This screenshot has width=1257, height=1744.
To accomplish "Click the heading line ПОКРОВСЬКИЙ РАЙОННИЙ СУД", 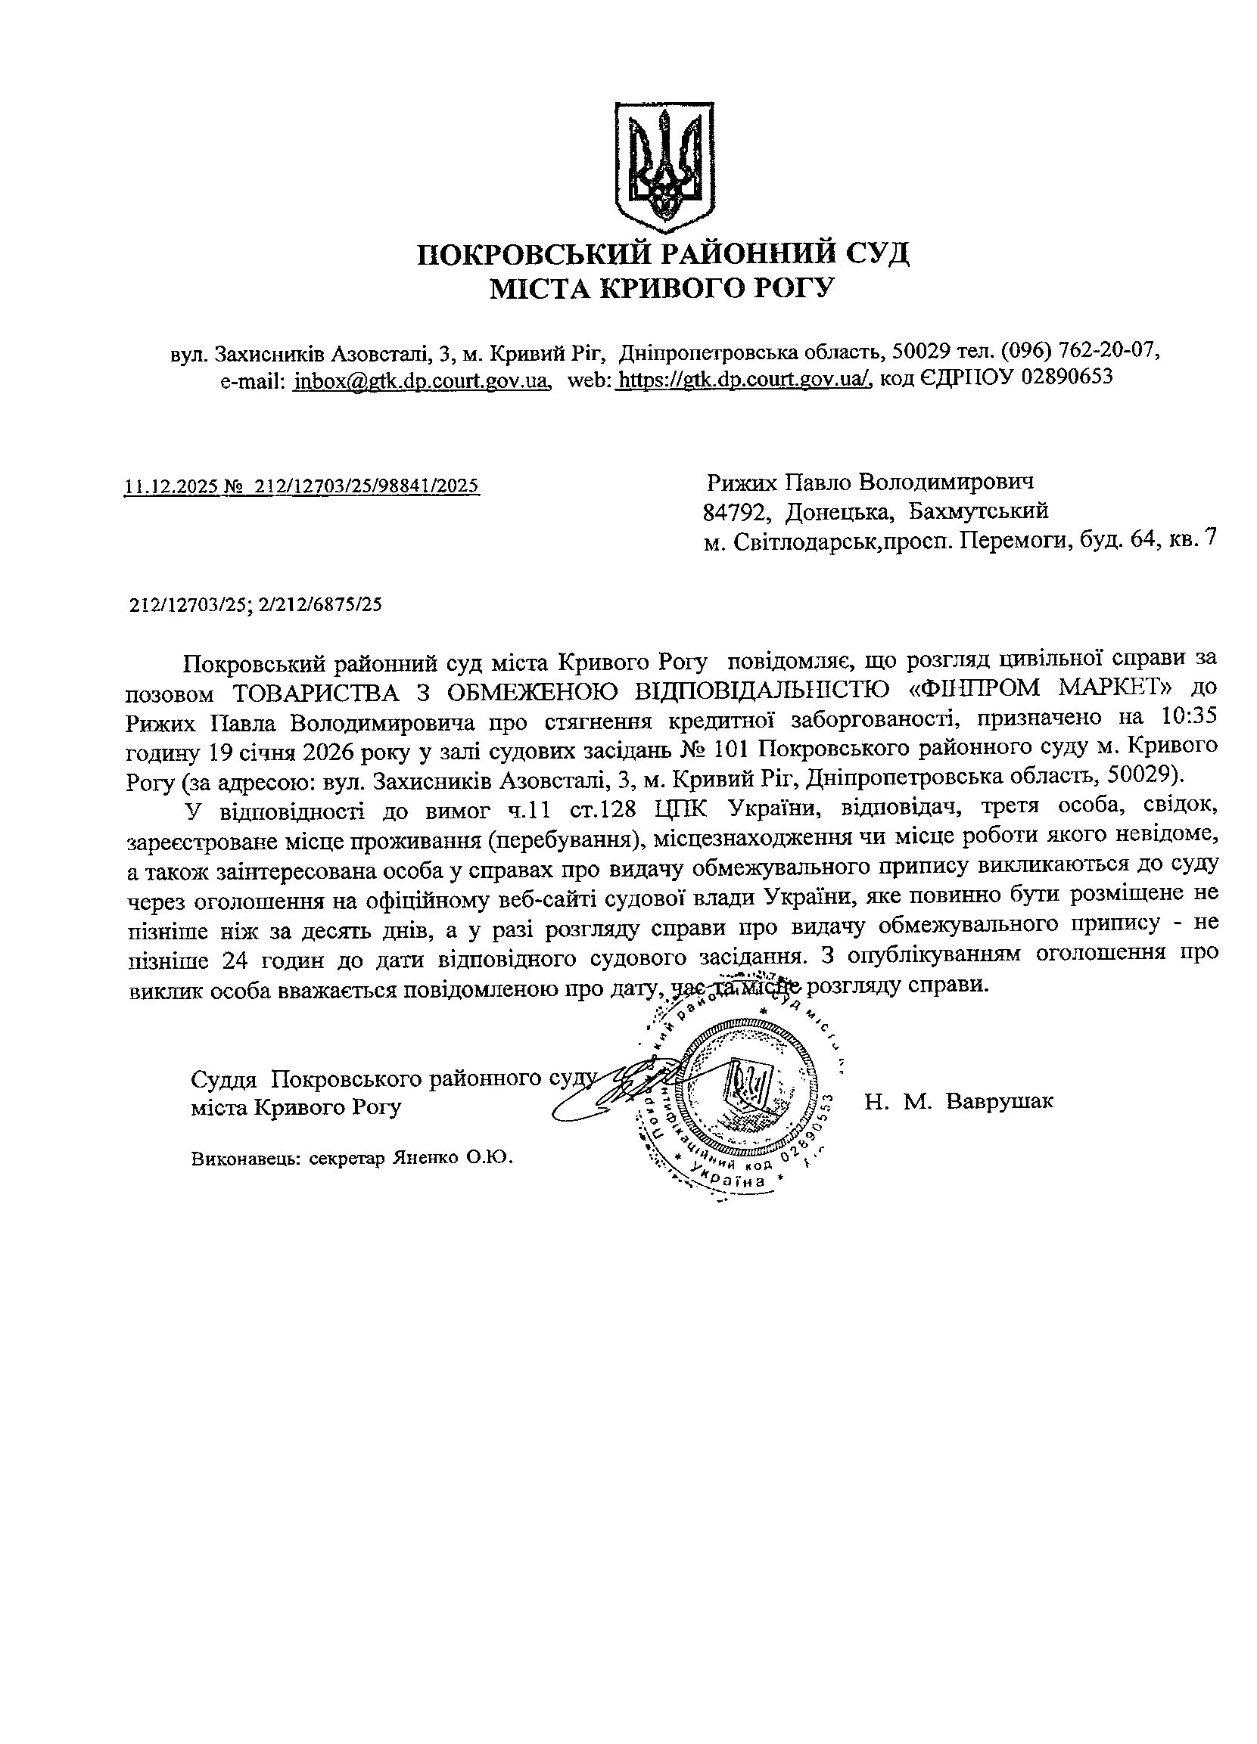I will pyautogui.click(x=663, y=253).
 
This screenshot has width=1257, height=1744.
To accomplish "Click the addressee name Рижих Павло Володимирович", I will pyautogui.click(x=870, y=483).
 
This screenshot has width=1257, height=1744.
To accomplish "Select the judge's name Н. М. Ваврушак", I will pyautogui.click(x=959, y=1101).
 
